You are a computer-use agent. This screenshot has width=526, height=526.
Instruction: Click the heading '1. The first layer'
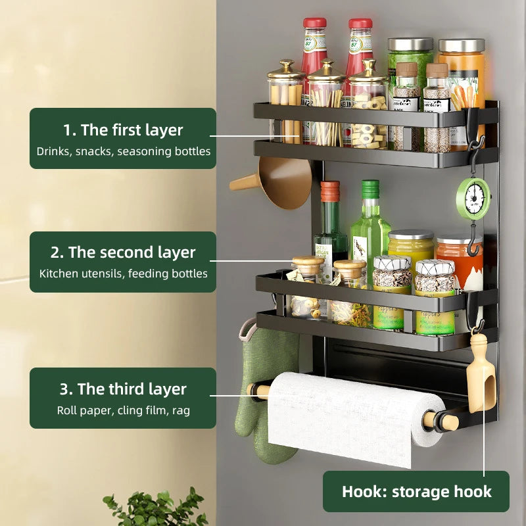(x=123, y=130)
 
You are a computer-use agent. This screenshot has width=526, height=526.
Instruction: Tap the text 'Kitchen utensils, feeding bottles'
(x=123, y=274)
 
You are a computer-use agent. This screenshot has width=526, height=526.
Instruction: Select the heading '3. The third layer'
(x=123, y=389)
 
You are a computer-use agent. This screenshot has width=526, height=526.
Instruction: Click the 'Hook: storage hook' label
(x=416, y=492)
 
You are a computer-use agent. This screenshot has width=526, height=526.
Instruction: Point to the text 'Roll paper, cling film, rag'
(x=123, y=410)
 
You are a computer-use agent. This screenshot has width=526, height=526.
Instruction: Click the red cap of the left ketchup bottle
(x=314, y=23)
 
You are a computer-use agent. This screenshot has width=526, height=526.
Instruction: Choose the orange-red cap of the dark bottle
(x=330, y=191)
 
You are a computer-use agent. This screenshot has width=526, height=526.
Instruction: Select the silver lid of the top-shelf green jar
(x=410, y=45)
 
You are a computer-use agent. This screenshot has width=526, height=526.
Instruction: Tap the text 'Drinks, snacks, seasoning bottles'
(x=123, y=151)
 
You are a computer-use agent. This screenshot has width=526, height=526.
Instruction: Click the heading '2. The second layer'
(x=123, y=252)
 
